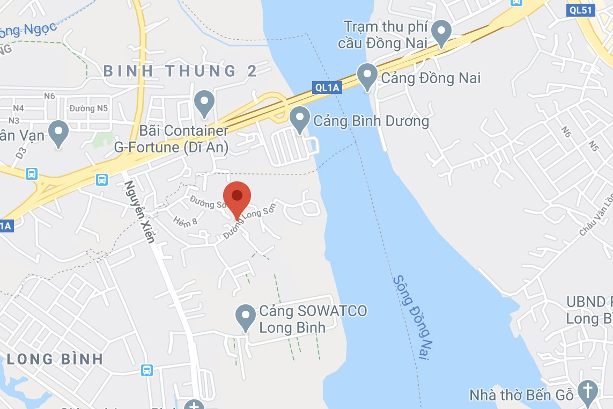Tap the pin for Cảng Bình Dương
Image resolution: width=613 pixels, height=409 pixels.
(x=300, y=119)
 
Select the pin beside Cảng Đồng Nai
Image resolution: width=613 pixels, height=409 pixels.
(x=367, y=76)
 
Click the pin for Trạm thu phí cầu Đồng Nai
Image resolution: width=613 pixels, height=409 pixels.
(x=442, y=33)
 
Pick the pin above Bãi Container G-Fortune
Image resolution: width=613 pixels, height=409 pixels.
(x=204, y=103)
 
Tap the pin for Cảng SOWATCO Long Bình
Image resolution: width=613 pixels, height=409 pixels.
(x=246, y=317)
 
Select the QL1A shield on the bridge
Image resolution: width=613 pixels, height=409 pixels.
(x=327, y=87)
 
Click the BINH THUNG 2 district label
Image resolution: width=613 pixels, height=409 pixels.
(x=180, y=71)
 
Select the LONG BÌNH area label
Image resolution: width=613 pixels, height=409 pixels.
(x=55, y=359)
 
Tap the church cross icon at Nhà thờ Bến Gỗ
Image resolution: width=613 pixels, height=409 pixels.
(x=588, y=393)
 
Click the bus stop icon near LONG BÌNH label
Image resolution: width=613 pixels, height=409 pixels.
(x=146, y=370)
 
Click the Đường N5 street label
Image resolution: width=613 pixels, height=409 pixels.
(x=89, y=108)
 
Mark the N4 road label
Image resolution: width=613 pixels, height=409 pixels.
(x=18, y=108)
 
